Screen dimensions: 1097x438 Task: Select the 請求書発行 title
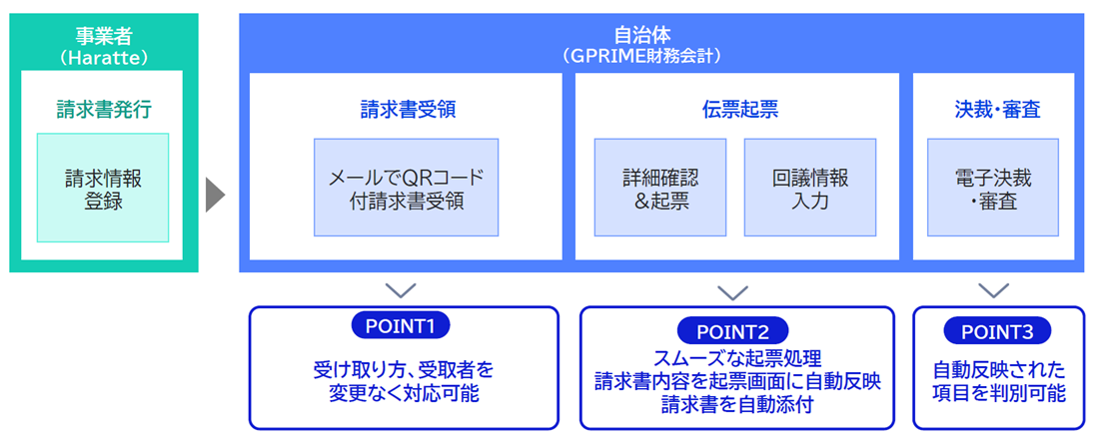click(103, 110)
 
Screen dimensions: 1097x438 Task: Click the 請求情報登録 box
click(103, 188)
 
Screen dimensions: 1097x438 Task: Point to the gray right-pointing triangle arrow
click(215, 196)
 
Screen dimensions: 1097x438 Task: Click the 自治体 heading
click(661, 36)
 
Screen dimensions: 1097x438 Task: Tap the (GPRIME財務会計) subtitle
click(661, 56)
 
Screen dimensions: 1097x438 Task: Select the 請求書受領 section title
click(407, 110)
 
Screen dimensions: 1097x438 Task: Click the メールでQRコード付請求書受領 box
click(406, 188)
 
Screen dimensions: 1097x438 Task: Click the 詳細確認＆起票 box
click(660, 188)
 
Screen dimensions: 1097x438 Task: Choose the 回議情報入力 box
click(810, 188)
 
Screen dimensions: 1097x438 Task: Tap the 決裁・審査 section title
click(993, 110)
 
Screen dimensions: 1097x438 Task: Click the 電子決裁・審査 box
click(993, 188)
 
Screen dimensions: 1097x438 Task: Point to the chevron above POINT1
click(401, 290)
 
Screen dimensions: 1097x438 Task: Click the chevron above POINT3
click(993, 290)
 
